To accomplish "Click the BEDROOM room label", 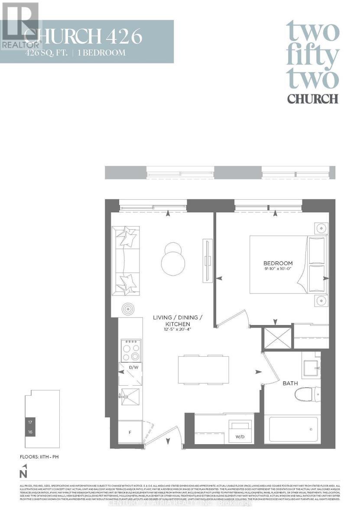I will click(x=278, y=263).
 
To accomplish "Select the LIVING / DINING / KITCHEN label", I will click(x=178, y=321).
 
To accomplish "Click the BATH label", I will click(x=290, y=383).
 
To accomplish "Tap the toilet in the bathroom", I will click(x=306, y=395).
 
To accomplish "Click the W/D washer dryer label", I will click(x=240, y=436).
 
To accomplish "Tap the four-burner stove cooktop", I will click(x=131, y=350).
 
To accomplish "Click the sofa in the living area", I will click(x=126, y=260).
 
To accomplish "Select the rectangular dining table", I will click(x=203, y=369).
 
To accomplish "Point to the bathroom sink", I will click(x=311, y=368).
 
